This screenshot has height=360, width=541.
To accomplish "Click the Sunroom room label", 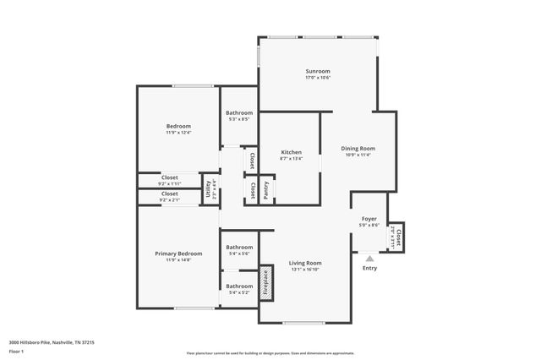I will click(318, 71).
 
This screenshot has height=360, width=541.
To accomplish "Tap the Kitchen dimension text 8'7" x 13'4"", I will click(291, 159).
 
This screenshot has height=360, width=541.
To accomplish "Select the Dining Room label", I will click(359, 148).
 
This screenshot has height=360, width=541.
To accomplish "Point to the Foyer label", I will click(369, 218).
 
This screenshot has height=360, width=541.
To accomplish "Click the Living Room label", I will click(306, 263).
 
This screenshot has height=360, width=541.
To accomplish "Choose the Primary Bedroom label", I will click(178, 254).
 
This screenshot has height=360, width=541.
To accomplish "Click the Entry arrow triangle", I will click(369, 258).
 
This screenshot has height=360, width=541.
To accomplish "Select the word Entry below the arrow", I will click(370, 269).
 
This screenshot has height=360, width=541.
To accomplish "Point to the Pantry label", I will click(266, 192).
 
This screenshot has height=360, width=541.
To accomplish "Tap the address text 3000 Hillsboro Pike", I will click(52, 342).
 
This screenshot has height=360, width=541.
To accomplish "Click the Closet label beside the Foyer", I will click(396, 238).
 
